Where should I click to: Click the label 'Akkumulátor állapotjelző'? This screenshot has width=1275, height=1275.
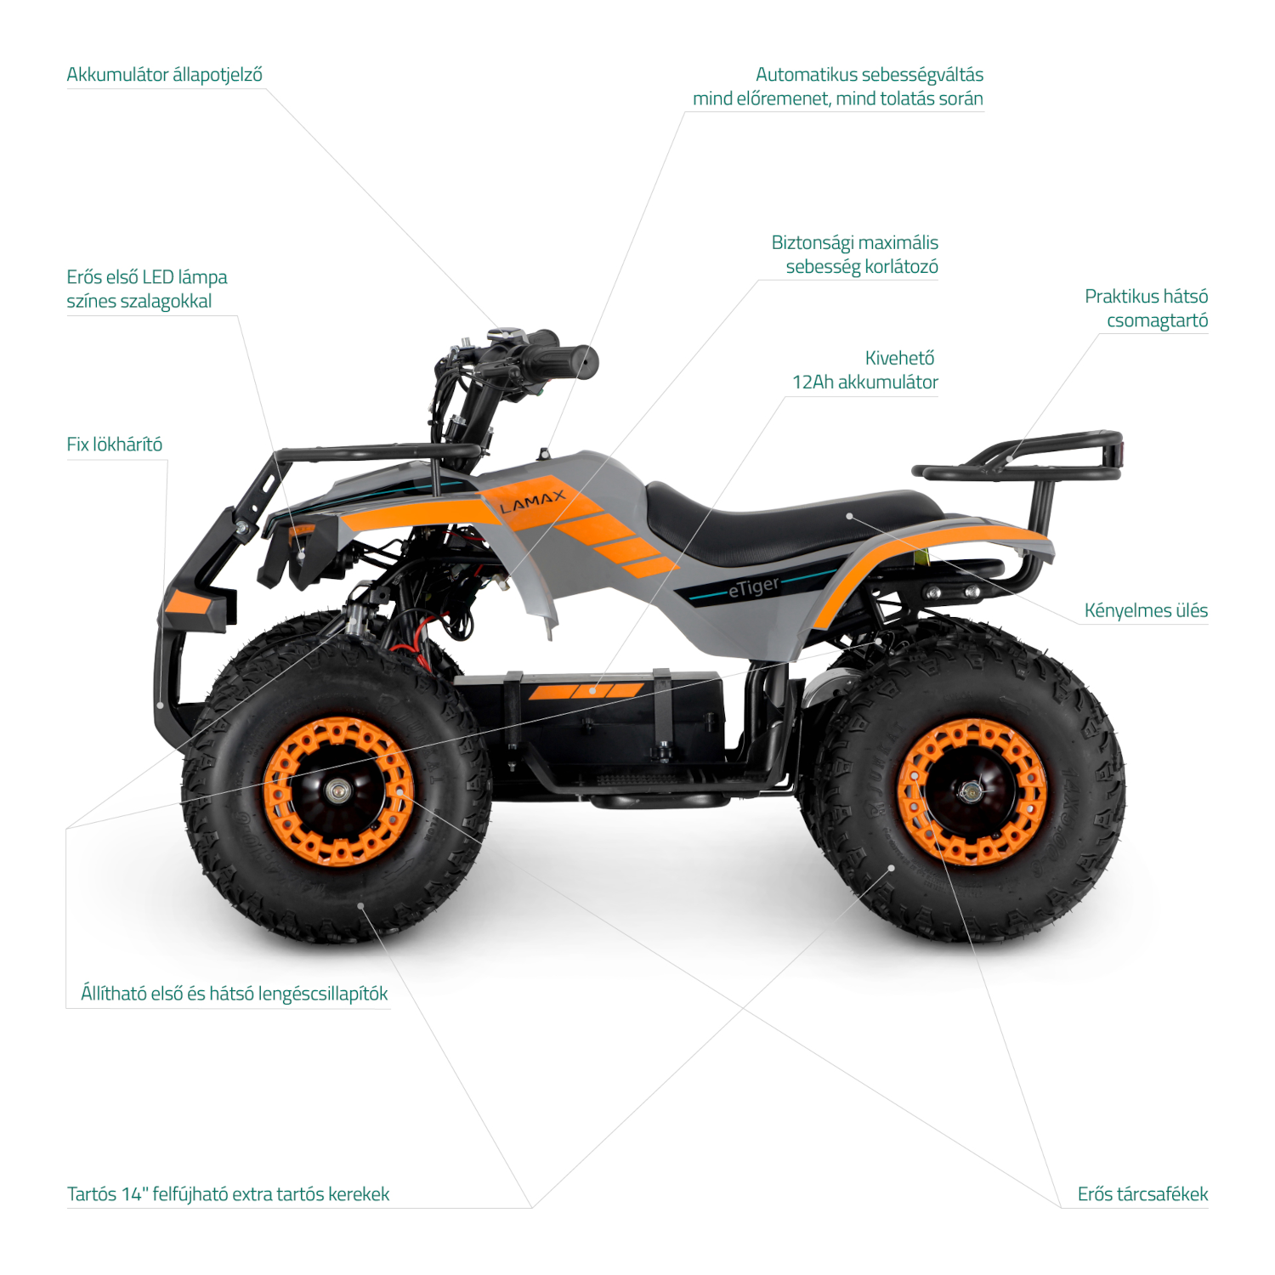164,75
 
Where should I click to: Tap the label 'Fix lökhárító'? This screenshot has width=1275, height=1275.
114,445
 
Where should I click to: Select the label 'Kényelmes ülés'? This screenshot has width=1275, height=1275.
1146,610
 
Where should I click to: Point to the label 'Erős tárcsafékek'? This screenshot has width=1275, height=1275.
1142,1194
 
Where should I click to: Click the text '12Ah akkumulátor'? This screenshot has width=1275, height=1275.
865,382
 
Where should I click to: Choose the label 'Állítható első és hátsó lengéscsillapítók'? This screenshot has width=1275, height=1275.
235,994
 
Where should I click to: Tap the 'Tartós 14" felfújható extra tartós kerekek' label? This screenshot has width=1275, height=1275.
228,1194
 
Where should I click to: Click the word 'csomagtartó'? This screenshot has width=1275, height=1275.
1157,320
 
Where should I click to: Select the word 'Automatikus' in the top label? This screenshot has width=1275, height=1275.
804,75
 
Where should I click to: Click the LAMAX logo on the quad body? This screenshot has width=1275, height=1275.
532,502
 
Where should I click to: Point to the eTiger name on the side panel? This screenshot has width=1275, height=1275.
754,586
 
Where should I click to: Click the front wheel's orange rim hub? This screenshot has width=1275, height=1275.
338,791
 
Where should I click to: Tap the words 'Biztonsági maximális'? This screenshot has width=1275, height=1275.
854,243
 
